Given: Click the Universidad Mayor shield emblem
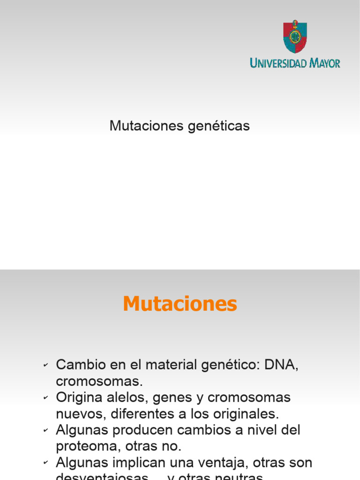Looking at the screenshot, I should point(295,37).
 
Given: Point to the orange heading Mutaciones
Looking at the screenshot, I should point(180,304).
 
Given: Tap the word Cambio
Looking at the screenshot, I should point(77,365).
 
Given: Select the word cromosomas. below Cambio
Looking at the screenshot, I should point(99,381).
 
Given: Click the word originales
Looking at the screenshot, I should point(248,414).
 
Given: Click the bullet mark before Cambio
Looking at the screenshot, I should point(45,366).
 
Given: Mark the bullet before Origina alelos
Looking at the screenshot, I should point(45,398).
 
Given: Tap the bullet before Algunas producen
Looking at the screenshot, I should point(45,430).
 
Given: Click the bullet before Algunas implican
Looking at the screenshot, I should point(45,463).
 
